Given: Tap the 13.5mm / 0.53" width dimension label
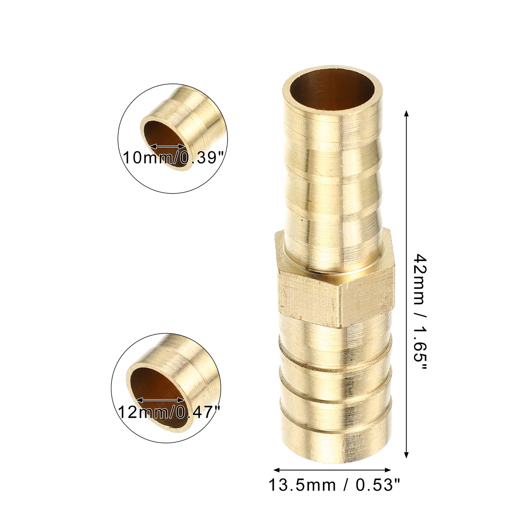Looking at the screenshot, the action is pos(334,485).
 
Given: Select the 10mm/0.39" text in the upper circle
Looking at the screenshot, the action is pos(173,157).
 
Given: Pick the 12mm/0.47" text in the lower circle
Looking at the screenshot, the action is pos(169,412).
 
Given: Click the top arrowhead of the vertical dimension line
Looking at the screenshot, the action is pos(406,114).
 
